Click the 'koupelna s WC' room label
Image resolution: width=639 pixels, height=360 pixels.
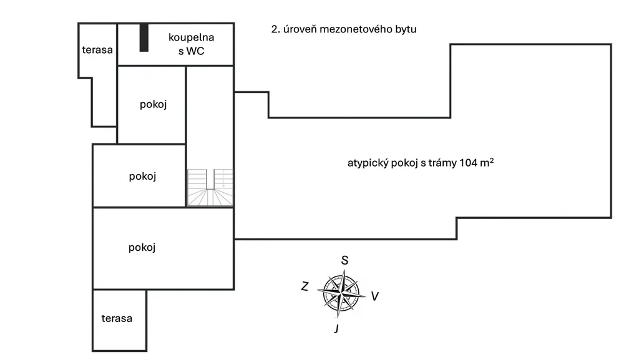pyautogui.click(x=191, y=44)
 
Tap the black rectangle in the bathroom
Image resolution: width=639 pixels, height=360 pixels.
pyautogui.click(x=144, y=37)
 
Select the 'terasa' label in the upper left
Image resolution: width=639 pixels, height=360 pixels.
pyautogui.click(x=97, y=50)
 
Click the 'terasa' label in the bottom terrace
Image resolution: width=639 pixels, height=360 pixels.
pyautogui.click(x=117, y=318)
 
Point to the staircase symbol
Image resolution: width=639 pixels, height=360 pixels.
pyautogui.click(x=210, y=187)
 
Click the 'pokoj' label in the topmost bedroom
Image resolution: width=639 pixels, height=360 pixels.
pyautogui.click(x=153, y=104)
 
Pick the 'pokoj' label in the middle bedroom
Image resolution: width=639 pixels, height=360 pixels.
pyautogui.click(x=142, y=176)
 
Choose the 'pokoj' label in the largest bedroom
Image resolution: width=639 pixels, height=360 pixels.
pyautogui.click(x=142, y=247)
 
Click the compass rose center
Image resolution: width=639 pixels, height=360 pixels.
pyautogui.click(x=341, y=291)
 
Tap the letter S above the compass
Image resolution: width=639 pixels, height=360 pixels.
pyautogui.click(x=344, y=260)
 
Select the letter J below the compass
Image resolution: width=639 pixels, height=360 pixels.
pyautogui.click(x=336, y=329)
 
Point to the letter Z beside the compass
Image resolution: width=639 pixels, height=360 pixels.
pyautogui.click(x=305, y=286)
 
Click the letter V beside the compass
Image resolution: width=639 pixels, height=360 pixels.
pyautogui.click(x=374, y=296)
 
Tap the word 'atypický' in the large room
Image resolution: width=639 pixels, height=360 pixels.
pyautogui.click(x=367, y=163)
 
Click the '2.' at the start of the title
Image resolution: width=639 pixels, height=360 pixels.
pyautogui.click(x=275, y=29)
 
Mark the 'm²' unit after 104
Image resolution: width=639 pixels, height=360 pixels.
pyautogui.click(x=487, y=162)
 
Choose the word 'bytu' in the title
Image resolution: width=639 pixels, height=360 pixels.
pyautogui.click(x=405, y=29)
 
